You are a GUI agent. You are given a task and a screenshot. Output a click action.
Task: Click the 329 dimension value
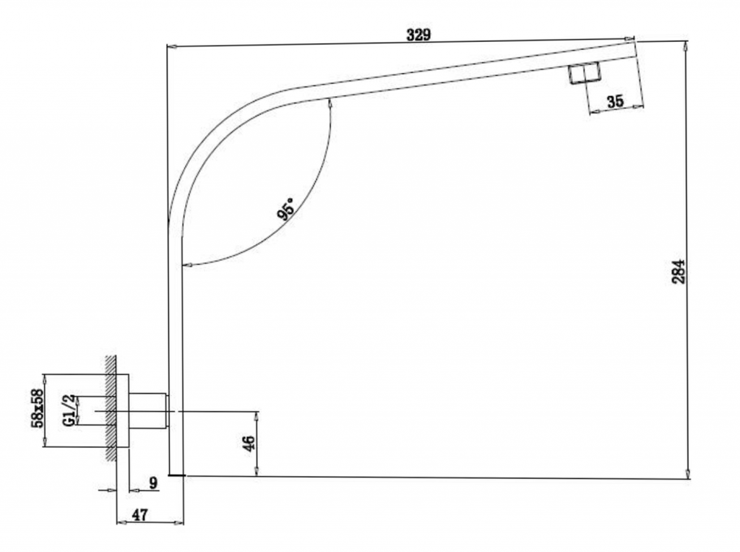coord(418,35)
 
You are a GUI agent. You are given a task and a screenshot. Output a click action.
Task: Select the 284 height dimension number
coord(679,271)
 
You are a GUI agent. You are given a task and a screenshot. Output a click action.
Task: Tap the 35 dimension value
coord(614,101)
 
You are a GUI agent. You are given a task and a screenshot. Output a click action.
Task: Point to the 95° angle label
coord(286,209)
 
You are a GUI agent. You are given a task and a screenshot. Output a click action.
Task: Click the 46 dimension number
coord(249,444)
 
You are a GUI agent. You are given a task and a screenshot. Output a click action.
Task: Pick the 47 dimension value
coord(139,514)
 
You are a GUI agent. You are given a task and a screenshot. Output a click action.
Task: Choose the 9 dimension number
coord(153,483)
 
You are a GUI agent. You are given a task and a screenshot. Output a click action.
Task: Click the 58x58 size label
coord(38,408)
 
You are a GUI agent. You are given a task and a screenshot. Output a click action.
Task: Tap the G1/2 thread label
coord(69,410)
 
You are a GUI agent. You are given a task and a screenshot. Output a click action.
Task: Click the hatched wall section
coord(111,407)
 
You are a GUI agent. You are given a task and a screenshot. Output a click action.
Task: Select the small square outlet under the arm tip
coord(583,73)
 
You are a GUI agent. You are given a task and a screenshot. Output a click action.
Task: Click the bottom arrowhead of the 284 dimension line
coord(688,474)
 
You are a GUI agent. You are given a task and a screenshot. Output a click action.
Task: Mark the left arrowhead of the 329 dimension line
coord(173,46)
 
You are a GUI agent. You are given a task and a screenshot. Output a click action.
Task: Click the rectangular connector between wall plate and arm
coord(148,411)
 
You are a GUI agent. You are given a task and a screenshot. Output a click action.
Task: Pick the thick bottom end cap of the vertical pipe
coord(176,475)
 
